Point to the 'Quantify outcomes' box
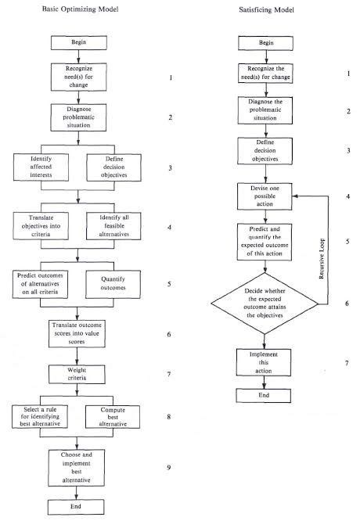(113, 281)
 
